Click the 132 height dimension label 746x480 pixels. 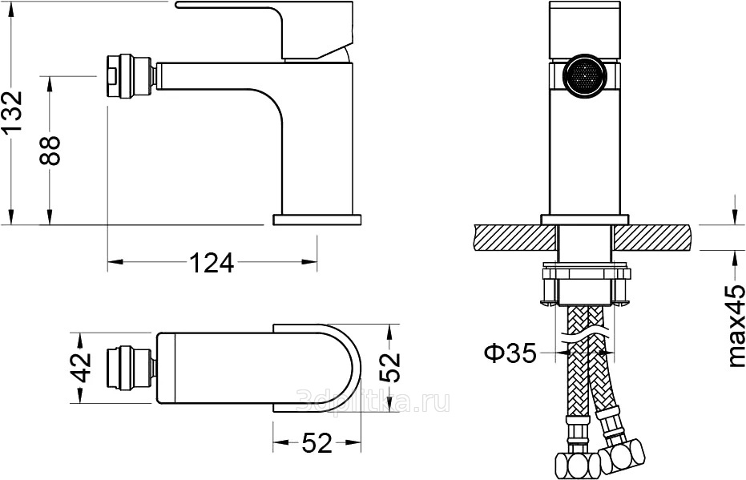(x=11, y=111)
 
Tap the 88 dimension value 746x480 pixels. (x=50, y=151)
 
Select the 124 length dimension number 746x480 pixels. (x=212, y=262)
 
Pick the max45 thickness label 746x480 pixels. (x=735, y=325)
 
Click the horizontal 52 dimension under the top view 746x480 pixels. (x=317, y=443)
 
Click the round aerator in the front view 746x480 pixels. (x=585, y=76)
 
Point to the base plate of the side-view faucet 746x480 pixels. (x=317, y=220)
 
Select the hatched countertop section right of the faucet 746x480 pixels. (x=654, y=237)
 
